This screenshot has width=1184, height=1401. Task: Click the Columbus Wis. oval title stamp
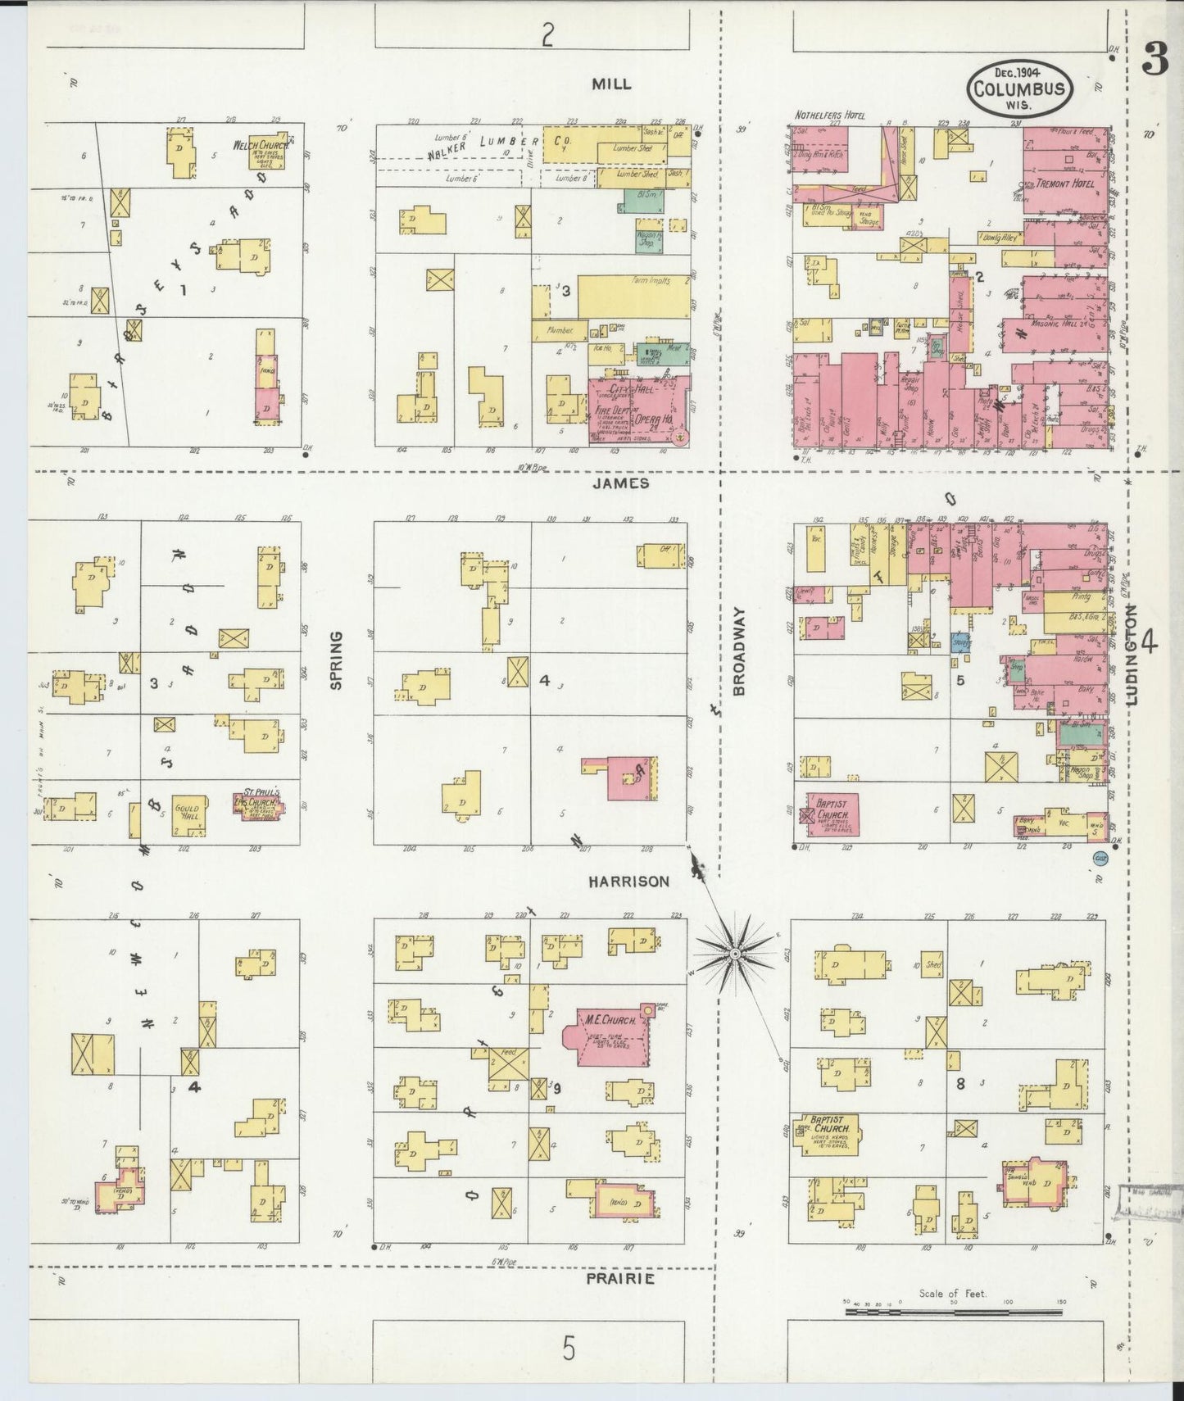click(x=1020, y=89)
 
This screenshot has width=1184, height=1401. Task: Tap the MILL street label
click(x=611, y=84)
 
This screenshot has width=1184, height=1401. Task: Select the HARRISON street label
click(x=628, y=882)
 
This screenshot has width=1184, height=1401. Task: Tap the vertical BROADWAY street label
click(x=739, y=651)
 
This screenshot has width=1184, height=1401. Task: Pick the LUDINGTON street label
click(x=1132, y=655)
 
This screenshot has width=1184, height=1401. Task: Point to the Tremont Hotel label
click(x=1064, y=184)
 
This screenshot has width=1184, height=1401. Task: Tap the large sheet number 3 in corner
click(x=1155, y=59)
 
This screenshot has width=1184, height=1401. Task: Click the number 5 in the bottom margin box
click(x=569, y=1347)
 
